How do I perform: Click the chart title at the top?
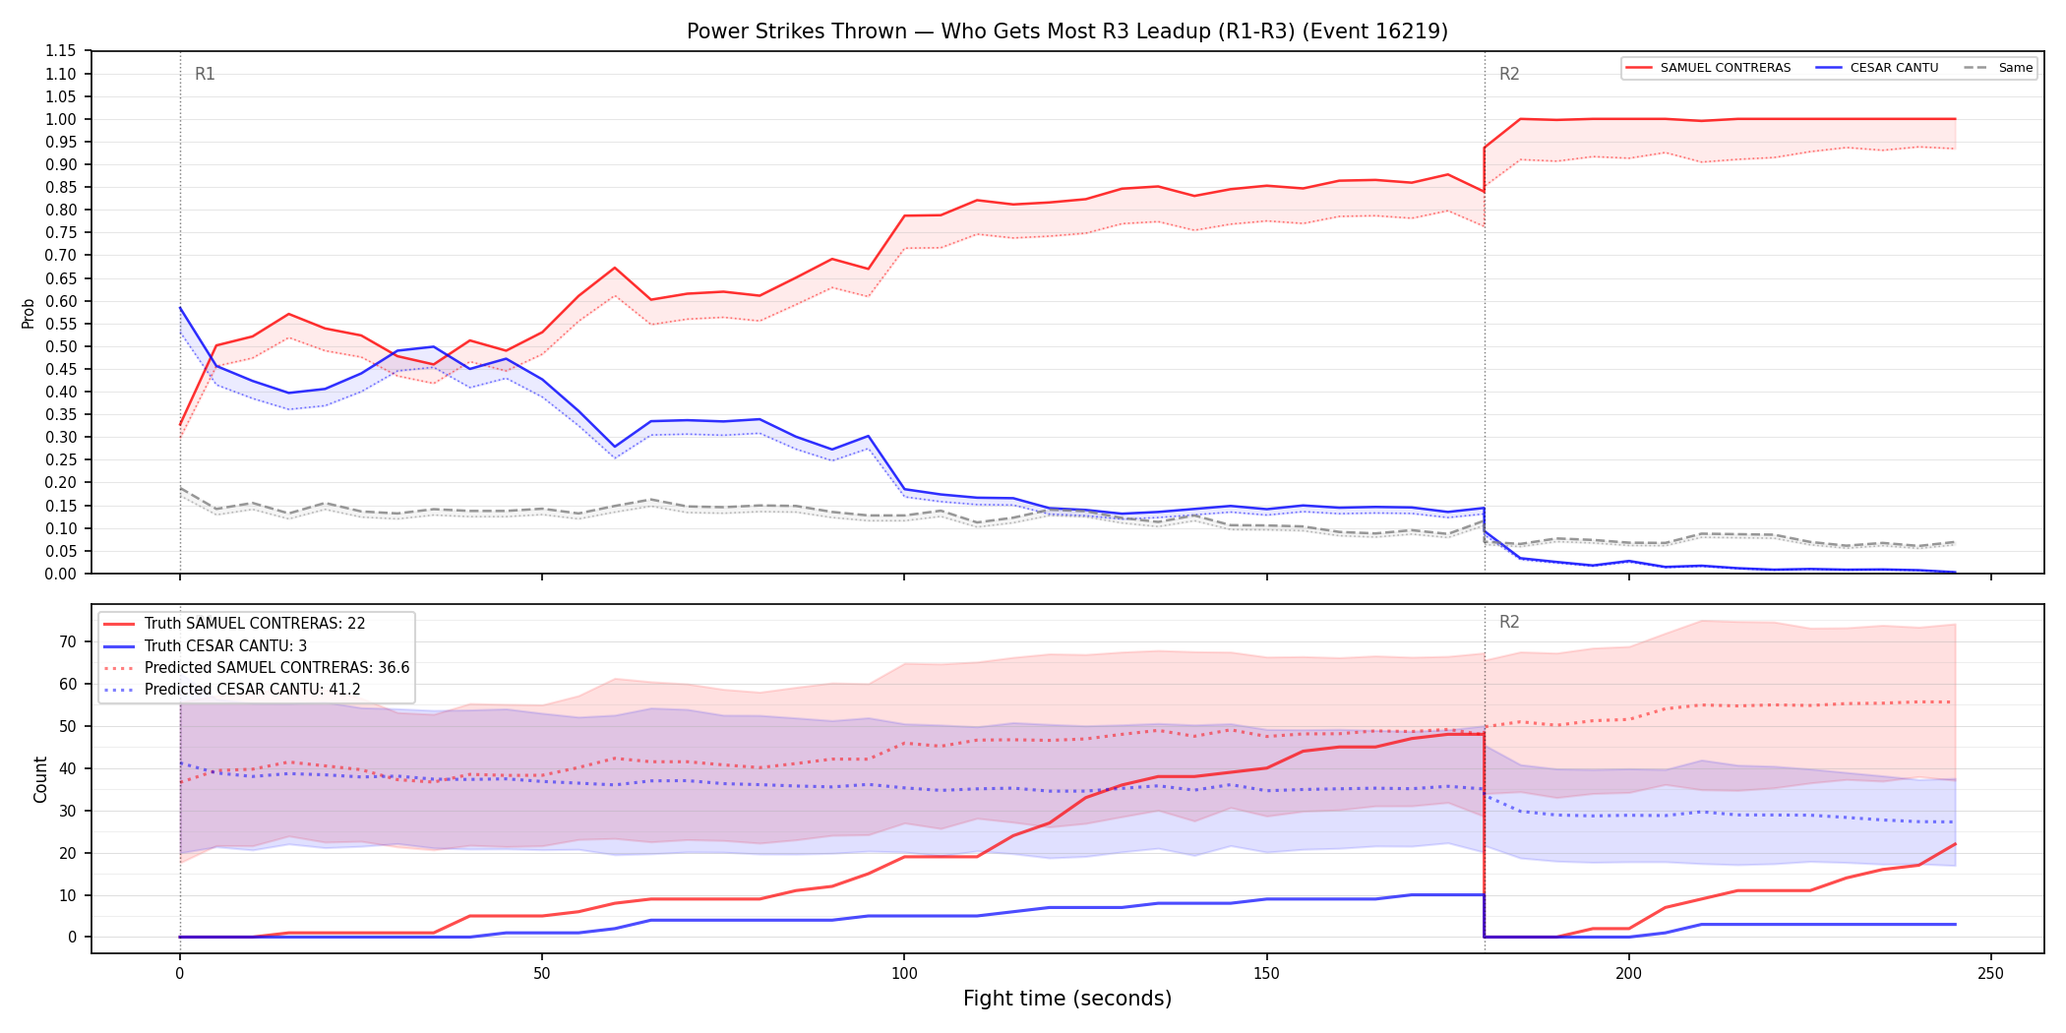click(x=1067, y=31)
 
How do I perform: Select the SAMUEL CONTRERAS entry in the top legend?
click(x=1708, y=68)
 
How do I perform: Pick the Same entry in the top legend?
click(x=1998, y=68)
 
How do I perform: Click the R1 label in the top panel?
click(x=205, y=74)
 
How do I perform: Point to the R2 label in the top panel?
click(x=1509, y=74)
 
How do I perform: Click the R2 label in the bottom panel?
click(x=1509, y=622)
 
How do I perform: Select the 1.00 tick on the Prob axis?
click(x=61, y=119)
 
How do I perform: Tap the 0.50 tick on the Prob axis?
click(x=61, y=346)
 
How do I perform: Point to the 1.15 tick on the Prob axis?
click(x=61, y=51)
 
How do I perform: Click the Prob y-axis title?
click(x=28, y=313)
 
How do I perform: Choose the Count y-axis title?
click(x=40, y=779)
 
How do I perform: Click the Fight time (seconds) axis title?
click(x=1067, y=999)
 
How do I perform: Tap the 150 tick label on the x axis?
click(x=1266, y=974)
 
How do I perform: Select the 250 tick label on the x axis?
click(x=1990, y=974)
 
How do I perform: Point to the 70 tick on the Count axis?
click(x=68, y=641)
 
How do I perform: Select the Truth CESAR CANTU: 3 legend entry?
click(x=206, y=646)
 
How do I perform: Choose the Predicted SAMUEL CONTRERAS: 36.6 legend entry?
click(x=257, y=668)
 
